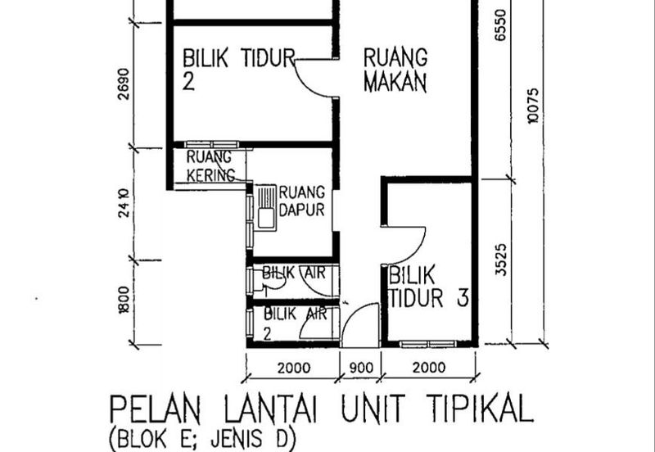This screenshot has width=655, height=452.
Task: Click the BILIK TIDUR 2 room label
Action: coord(237,69)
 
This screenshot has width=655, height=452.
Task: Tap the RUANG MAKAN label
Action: coord(396,70)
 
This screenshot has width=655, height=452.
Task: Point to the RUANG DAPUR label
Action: coord(303,201)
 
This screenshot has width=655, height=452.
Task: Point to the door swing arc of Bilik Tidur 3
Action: coord(407,246)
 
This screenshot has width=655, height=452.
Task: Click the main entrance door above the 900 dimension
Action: coord(360,323)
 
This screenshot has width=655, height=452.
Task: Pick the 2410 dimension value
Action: coord(124,204)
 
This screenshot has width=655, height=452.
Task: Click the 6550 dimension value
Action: coord(500,18)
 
